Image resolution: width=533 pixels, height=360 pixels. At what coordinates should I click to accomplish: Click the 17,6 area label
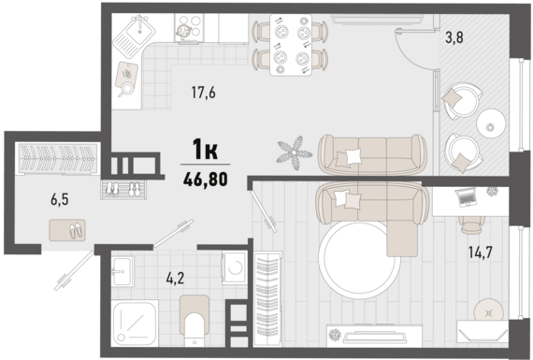(x=203, y=93)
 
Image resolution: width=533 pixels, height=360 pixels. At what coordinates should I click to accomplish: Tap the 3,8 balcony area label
(x=454, y=37)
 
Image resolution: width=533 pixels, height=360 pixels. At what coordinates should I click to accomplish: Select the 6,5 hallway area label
(x=60, y=200)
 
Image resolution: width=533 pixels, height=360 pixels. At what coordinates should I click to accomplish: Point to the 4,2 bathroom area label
(x=175, y=279)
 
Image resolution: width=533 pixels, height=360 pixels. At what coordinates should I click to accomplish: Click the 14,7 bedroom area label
(x=480, y=252)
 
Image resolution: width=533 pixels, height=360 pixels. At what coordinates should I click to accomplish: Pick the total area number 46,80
(x=206, y=180)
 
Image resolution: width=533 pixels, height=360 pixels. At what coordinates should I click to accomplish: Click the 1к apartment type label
(x=205, y=150)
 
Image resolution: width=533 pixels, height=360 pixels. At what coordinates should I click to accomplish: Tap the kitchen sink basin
(x=140, y=30)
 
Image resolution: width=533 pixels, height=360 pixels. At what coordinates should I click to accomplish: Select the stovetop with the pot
(x=189, y=28)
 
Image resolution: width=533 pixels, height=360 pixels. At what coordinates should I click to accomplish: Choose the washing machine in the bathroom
(x=234, y=267)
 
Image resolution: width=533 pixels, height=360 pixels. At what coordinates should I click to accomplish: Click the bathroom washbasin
(x=122, y=271)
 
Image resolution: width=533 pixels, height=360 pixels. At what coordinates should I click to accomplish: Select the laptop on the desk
(x=465, y=197)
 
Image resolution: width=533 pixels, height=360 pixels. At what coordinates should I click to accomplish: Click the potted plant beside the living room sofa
(x=295, y=153)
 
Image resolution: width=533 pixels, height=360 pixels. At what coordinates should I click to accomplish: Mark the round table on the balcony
(x=491, y=123)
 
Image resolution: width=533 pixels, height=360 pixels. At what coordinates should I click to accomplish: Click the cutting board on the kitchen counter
(x=126, y=75)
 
